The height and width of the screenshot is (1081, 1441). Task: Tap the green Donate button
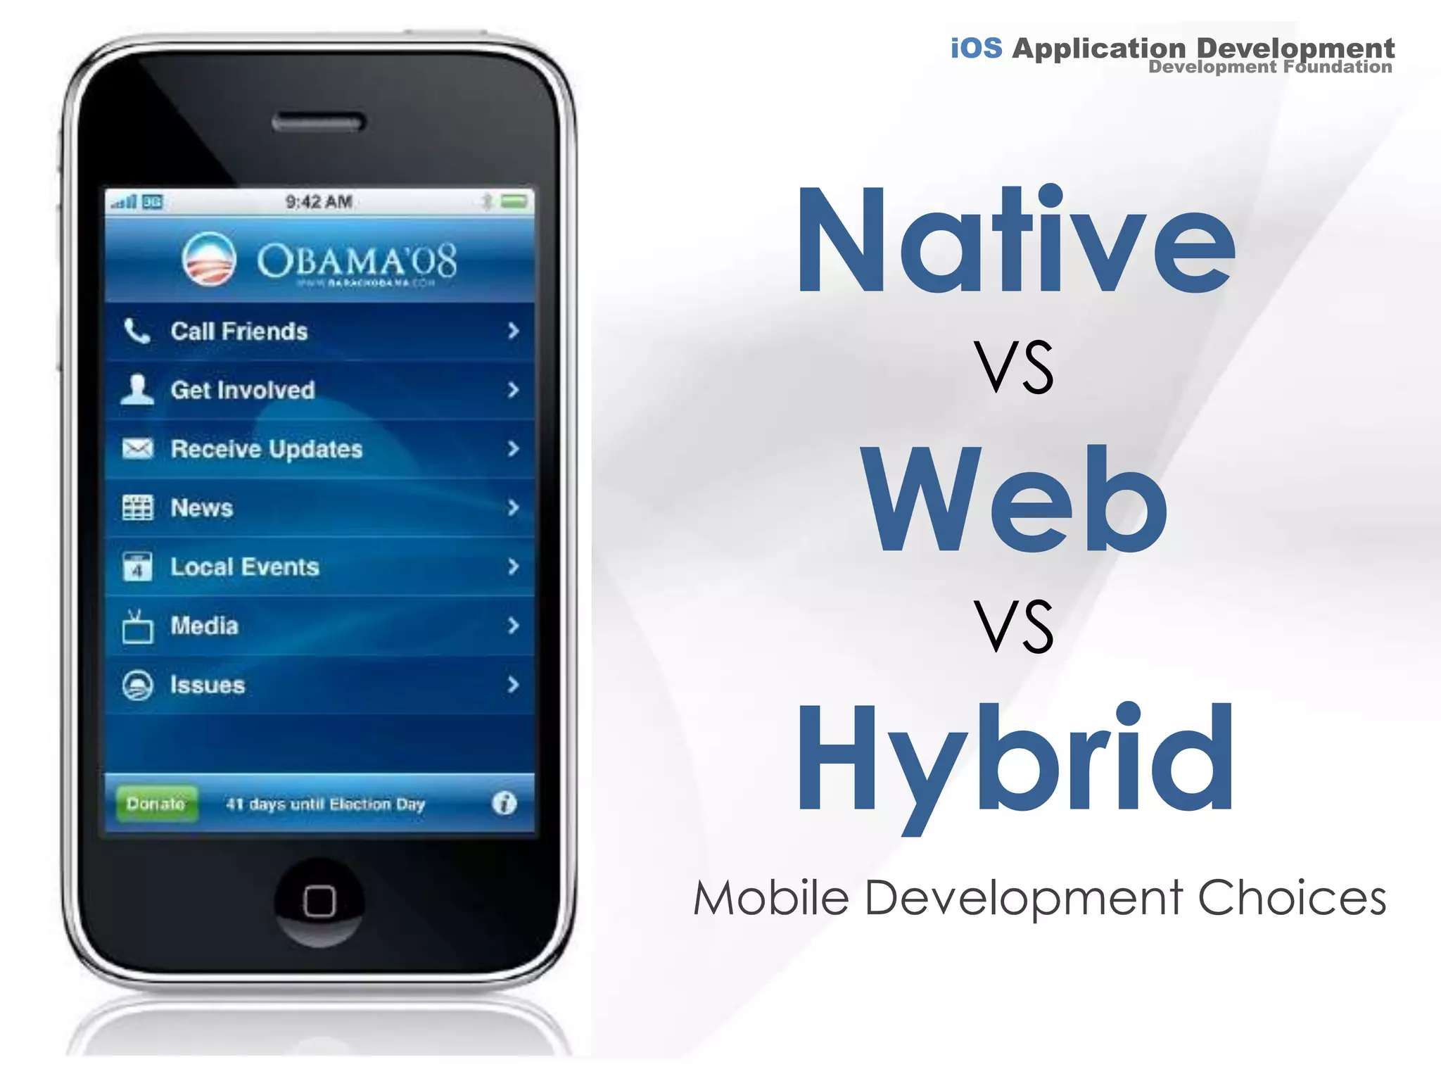coord(155,803)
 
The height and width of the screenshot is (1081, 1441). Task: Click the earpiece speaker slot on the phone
coord(319,123)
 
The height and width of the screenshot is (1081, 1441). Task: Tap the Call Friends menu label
coord(239,331)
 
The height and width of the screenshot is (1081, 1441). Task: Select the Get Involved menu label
coord(243,390)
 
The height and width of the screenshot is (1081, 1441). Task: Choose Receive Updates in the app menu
coord(267,449)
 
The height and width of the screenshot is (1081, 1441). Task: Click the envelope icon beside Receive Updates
coord(137,448)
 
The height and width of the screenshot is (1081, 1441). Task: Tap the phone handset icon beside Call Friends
coord(137,331)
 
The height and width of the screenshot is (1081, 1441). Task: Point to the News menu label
coord(202,508)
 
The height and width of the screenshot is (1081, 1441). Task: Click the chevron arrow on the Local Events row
coord(513,567)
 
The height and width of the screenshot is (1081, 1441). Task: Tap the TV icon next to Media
coord(137,626)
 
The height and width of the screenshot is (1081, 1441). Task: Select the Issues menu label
coord(208,685)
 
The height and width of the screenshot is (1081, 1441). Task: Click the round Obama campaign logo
coord(209,259)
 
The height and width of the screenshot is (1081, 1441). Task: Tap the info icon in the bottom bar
coord(504,803)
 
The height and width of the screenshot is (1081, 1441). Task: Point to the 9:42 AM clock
coord(319,202)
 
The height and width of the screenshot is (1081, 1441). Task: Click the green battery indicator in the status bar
coord(514,202)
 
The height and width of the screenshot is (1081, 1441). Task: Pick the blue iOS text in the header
coord(976,48)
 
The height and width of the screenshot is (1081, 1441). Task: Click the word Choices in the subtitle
coord(1292,899)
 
